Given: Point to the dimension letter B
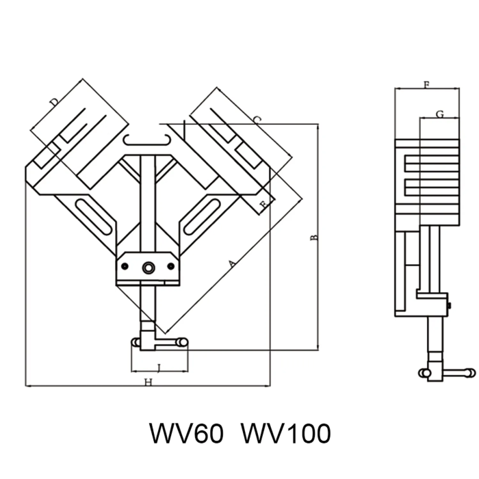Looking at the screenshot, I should click(x=314, y=237).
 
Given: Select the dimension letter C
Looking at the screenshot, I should click(x=256, y=120).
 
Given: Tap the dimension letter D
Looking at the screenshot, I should click(x=54, y=103).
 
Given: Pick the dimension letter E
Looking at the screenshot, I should click(x=263, y=203).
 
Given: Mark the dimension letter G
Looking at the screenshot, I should click(x=439, y=114).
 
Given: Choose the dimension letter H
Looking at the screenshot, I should click(x=148, y=383).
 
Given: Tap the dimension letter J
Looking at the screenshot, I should click(x=159, y=368).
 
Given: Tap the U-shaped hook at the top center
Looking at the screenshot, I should click(x=147, y=141).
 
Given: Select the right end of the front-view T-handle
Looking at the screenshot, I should click(x=183, y=341).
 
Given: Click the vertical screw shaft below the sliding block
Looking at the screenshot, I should click(x=147, y=305).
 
